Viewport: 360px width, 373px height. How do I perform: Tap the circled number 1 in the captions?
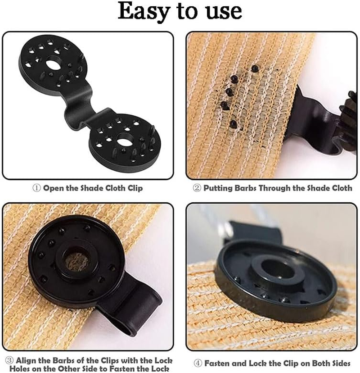pos(37,188)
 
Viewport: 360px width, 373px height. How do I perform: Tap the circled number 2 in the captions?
pos(197,188)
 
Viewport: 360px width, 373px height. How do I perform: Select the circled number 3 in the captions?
pos(9,360)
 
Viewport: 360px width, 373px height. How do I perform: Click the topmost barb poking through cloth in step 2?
pos(255,68)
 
